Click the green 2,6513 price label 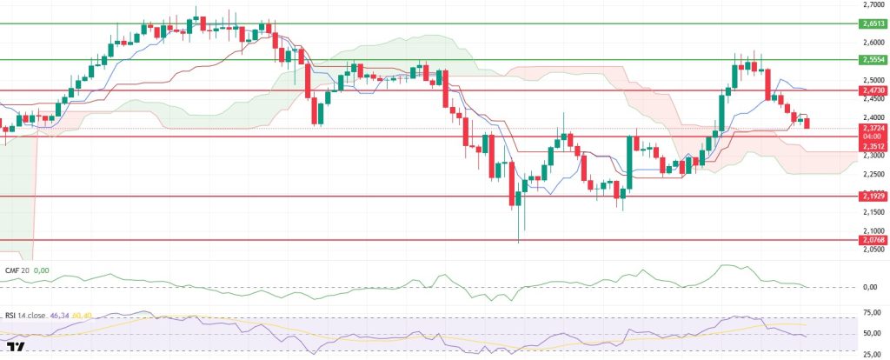pos(872,23)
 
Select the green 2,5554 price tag pos(872,60)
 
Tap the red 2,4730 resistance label pos(872,90)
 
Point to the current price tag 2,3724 pos(872,129)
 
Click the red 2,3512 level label pos(872,146)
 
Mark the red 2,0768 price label pos(872,240)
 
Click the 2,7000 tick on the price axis pos(872,4)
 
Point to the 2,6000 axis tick pos(872,42)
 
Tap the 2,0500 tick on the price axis pos(872,249)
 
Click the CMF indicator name pos(17,270)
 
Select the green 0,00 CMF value pos(41,270)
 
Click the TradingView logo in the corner pos(13,347)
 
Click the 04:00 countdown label pos(872,137)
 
